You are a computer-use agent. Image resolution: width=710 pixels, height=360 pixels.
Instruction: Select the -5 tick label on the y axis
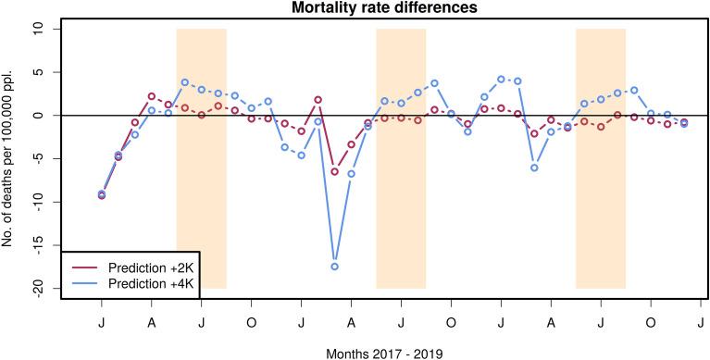37,159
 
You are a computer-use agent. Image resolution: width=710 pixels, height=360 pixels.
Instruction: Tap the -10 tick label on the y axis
37,202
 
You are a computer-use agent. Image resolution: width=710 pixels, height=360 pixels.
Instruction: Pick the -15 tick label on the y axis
37,245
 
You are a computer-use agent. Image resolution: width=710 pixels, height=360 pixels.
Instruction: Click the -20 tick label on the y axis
37,288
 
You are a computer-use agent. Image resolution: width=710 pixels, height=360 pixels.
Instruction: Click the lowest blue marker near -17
334,267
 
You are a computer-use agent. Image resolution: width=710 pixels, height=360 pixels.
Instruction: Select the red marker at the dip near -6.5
334,171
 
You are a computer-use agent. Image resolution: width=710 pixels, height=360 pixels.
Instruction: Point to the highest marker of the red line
152,96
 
